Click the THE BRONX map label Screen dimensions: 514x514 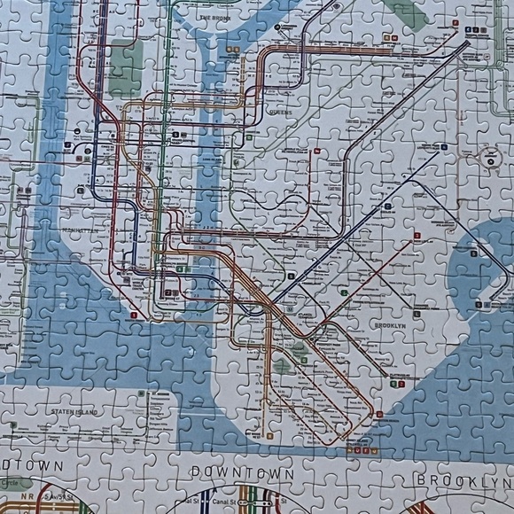tap(215, 17)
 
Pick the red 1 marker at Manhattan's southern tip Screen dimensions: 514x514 tap(135, 314)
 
